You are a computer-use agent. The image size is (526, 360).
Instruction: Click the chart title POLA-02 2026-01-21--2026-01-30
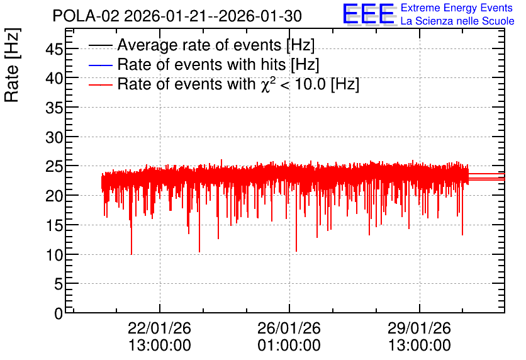coord(177,16)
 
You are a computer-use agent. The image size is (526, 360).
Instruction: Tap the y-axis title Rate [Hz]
coord(12,65)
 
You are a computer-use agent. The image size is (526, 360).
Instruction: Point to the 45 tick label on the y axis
coord(54,50)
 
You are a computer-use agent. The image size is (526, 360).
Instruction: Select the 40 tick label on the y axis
coord(54,79)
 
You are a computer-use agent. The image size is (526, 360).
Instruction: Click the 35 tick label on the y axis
coord(54,108)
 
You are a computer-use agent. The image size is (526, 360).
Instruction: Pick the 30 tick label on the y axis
coord(54,137)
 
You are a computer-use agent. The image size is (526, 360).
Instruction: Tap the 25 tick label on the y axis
coord(54,166)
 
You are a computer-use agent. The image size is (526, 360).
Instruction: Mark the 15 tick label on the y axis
coord(54,226)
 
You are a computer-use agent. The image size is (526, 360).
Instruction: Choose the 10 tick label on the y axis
coord(54,256)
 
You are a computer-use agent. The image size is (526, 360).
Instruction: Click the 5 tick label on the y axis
coord(59,284)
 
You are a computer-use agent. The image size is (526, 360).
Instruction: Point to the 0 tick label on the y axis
coord(59,313)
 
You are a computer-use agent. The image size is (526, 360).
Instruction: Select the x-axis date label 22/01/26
coord(159,328)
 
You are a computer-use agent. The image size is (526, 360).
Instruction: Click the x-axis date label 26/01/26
coord(289,328)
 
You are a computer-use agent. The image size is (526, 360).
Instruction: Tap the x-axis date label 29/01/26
coord(419,328)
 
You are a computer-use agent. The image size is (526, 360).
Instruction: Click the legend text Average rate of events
coord(199,45)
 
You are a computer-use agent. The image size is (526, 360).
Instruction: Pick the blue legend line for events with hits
coord(100,65)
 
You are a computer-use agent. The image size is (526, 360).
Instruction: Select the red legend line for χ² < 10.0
coord(100,85)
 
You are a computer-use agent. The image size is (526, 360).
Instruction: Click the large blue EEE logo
coord(368,14)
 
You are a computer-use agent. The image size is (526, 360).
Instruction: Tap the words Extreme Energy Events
coord(457,8)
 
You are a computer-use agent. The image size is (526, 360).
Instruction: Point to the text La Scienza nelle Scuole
coord(457,21)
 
